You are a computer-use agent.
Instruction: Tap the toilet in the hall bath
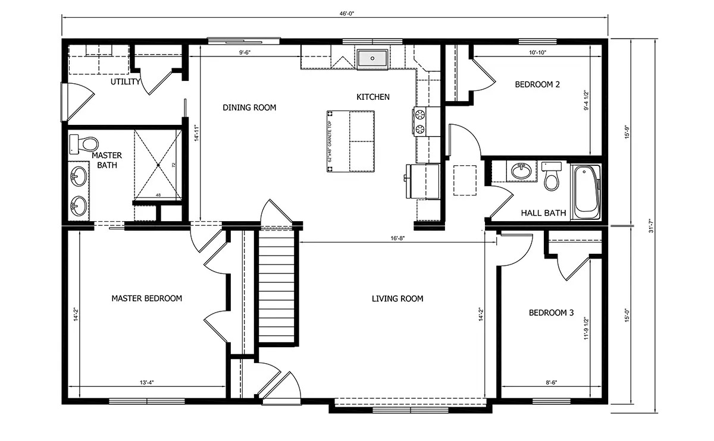tap(552, 177)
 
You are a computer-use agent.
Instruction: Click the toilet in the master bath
tap(85, 143)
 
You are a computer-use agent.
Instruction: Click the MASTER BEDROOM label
tap(146, 298)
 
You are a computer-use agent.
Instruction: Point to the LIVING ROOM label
tap(397, 298)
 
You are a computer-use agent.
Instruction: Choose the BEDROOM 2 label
tap(537, 84)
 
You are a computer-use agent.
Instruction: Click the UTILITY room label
tap(125, 81)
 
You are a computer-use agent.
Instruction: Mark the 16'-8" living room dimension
tap(398, 238)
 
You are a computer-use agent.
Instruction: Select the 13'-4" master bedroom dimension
tap(146, 382)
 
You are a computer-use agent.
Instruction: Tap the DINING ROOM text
tap(249, 108)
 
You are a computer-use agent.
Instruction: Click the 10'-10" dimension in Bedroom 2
tap(537, 53)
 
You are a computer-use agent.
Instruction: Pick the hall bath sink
tap(522, 171)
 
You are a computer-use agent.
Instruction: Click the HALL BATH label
tap(543, 213)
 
